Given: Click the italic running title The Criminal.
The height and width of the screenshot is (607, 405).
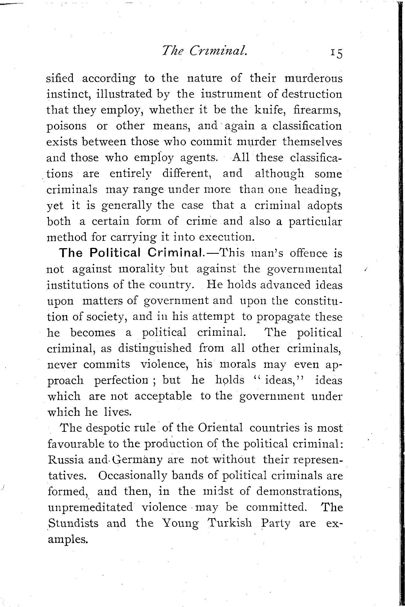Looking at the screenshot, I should (x=204, y=51).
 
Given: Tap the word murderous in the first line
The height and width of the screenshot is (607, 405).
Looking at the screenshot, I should (x=313, y=78).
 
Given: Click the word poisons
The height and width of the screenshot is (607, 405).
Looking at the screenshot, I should (x=66, y=126).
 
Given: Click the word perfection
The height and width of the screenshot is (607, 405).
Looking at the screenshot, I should (x=121, y=381).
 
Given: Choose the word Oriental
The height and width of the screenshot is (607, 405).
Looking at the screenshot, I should (x=220, y=428).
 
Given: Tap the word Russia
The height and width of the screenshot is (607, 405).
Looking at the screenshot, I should (x=66, y=460).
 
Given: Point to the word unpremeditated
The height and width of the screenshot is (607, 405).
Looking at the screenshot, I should (x=90, y=507).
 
